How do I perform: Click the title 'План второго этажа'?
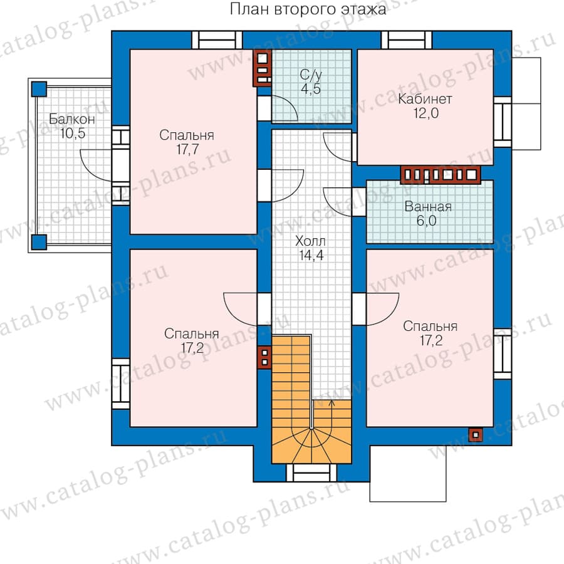pos(308,9)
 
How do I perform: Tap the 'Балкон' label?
pos(72,118)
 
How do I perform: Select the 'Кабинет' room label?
pos(425,99)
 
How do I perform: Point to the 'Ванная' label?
pos(428,206)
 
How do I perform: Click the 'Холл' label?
pos(310,241)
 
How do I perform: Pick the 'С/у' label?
pos(311,75)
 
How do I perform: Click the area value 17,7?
pos(187,149)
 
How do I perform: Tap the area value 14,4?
pos(311,255)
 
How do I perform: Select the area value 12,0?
pos(426,113)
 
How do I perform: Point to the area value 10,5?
pos(73,133)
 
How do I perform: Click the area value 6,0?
pos(427,221)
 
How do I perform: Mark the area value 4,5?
pos(311,88)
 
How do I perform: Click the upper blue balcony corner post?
pos(39,89)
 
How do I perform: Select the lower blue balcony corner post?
pos(39,242)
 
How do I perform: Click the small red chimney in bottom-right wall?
pos(476,435)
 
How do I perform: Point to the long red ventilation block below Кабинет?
pos(441,175)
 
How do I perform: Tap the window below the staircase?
pos(311,473)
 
